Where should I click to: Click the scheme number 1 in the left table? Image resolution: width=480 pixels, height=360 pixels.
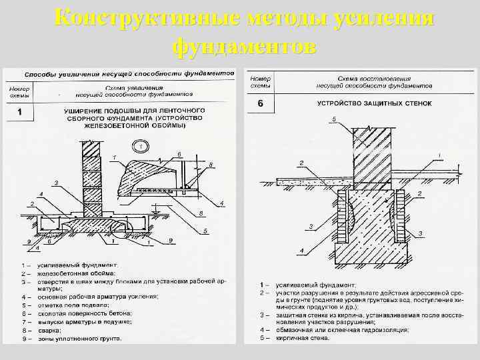(x=19, y=111)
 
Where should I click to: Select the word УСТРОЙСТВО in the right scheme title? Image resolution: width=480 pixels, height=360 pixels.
(x=339, y=104)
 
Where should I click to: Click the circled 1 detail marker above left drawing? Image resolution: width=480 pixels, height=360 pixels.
(x=141, y=145)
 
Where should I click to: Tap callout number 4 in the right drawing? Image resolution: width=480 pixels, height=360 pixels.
(x=301, y=250)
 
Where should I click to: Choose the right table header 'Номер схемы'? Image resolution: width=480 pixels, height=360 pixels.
(x=260, y=82)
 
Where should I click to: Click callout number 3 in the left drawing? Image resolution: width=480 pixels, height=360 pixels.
(x=57, y=182)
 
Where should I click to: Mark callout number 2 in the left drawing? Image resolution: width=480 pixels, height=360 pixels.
(x=31, y=203)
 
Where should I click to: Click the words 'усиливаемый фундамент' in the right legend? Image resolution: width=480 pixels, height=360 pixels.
(x=300, y=285)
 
